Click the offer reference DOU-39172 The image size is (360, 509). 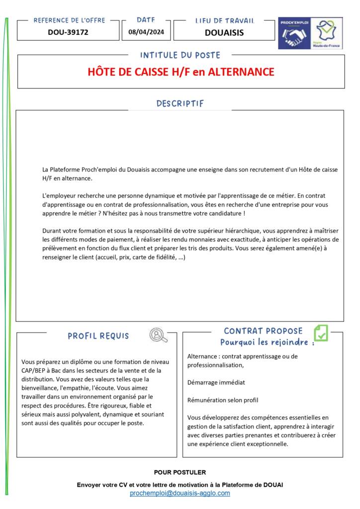[x=68, y=32]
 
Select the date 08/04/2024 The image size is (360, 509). [x=146, y=32]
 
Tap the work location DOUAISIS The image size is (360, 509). [x=224, y=33]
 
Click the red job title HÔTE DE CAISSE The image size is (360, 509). [x=180, y=72]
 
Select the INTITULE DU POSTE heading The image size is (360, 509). [x=180, y=55]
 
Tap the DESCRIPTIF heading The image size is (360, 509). [x=180, y=104]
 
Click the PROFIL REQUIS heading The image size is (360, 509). [x=98, y=336]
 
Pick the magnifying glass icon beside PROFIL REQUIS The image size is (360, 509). [x=158, y=336]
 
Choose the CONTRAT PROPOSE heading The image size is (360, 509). [x=263, y=331]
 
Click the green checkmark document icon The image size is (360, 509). [x=321, y=333]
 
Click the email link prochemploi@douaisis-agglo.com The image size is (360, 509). [x=180, y=493]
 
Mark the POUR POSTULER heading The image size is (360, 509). [x=180, y=472]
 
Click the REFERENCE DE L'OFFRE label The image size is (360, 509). [x=69, y=20]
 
